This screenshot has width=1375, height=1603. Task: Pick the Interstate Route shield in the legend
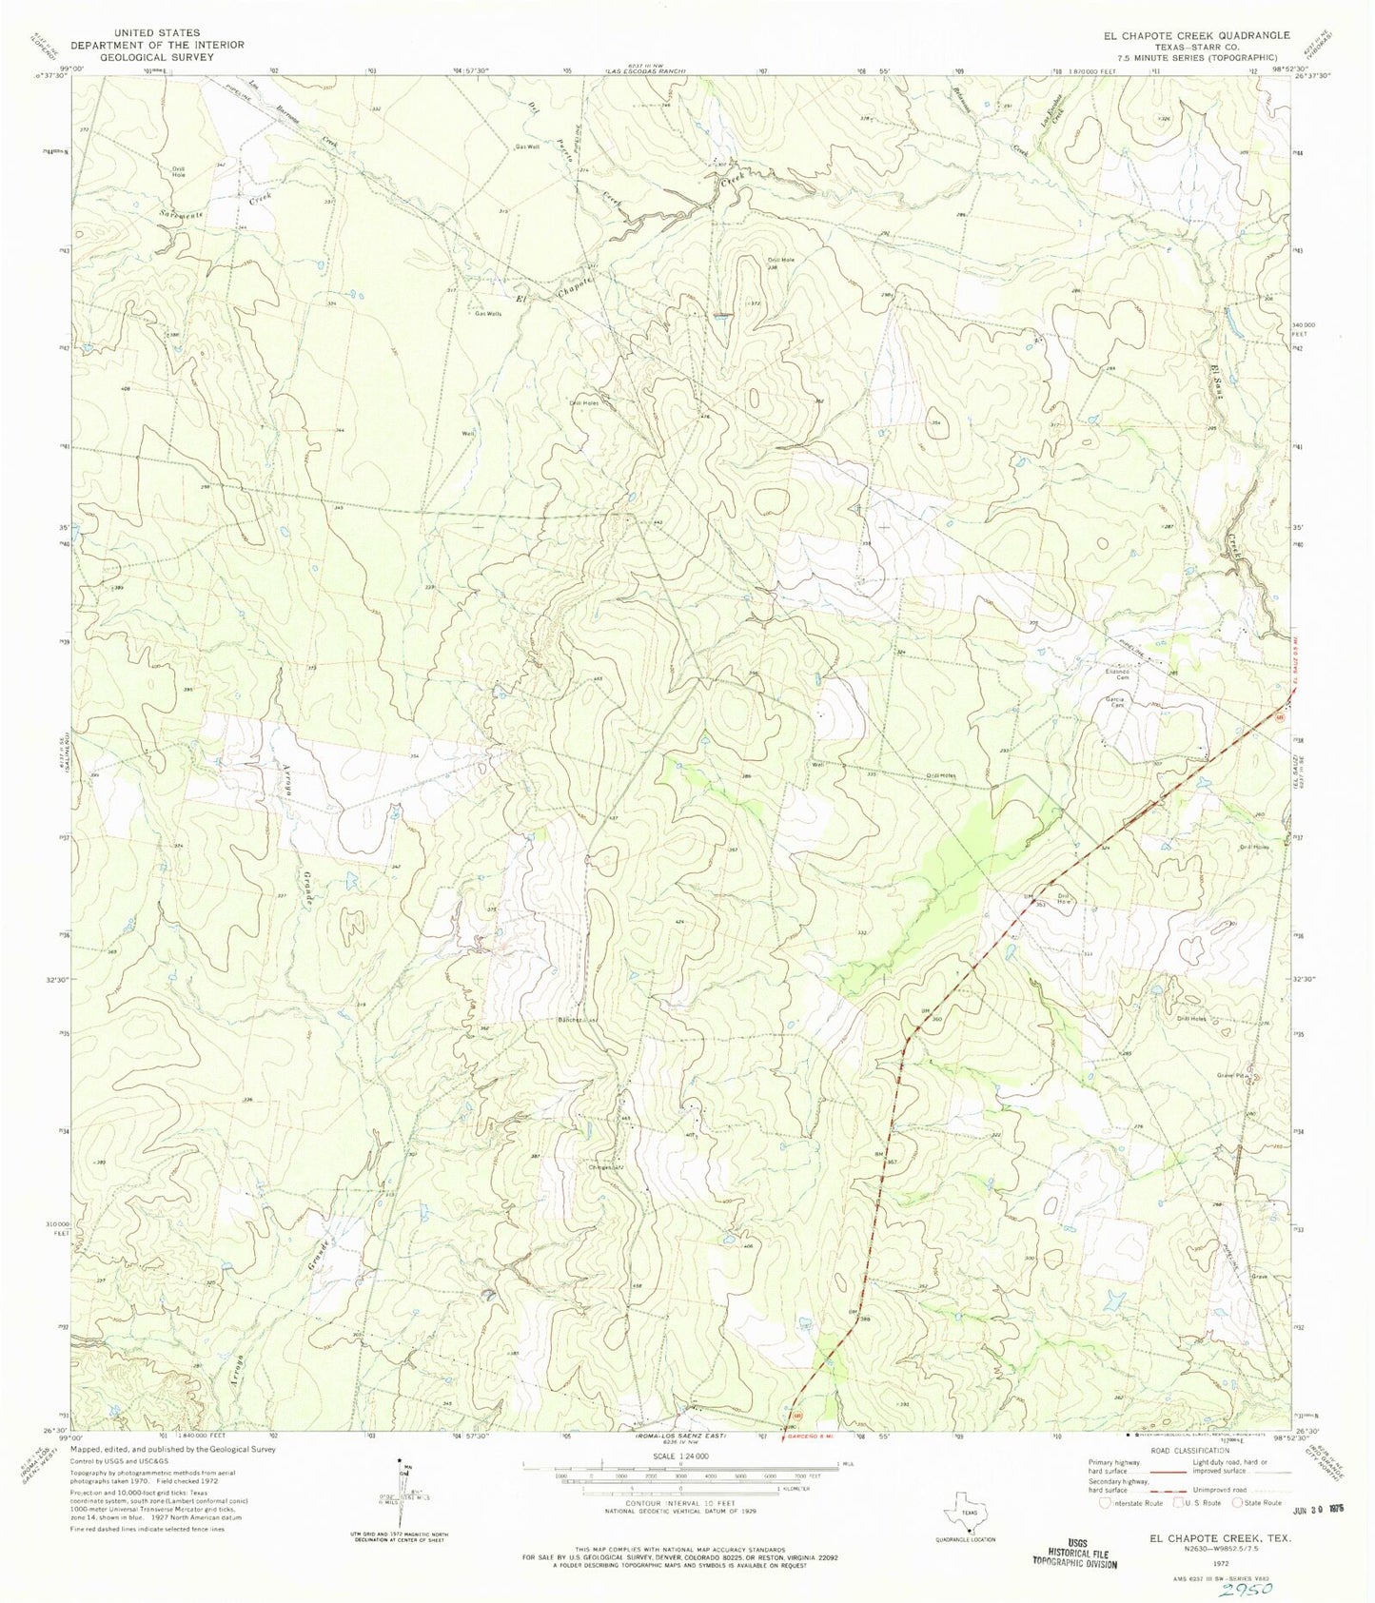tap(1104, 1503)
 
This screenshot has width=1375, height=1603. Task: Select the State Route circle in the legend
tap(1238, 1503)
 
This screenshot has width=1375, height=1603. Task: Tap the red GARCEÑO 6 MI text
tap(816, 1437)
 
